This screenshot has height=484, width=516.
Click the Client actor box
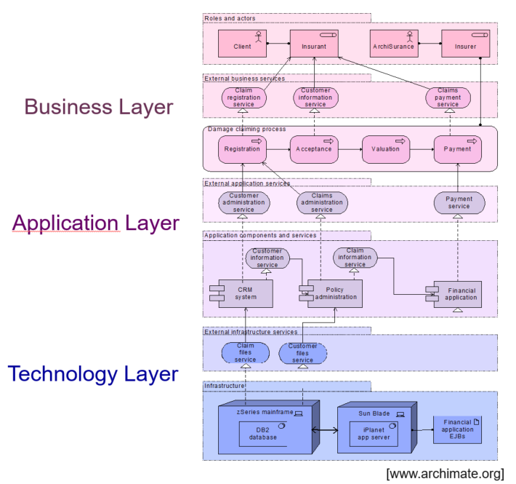pyautogui.click(x=243, y=46)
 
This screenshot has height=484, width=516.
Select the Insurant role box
pyautogui.click(x=315, y=46)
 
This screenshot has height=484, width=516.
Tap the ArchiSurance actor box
pyautogui.click(x=393, y=46)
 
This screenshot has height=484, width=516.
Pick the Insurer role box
pyautogui.click(x=465, y=46)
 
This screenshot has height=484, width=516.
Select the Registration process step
pyautogui.click(x=242, y=149)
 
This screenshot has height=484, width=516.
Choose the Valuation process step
pyautogui.click(x=385, y=149)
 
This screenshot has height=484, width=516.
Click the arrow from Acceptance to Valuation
pyautogui.click(x=350, y=149)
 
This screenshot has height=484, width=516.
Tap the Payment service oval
pyautogui.click(x=459, y=202)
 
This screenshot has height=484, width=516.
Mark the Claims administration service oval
pyautogui.click(x=322, y=203)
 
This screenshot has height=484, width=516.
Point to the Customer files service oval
pyautogui.click(x=303, y=354)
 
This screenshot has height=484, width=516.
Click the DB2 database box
pyautogui.click(x=265, y=435)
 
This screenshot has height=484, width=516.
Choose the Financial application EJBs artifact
pyautogui.click(x=457, y=429)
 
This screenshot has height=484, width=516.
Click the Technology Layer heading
pyautogui.click(x=93, y=374)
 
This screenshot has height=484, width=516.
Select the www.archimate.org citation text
pyautogui.click(x=445, y=474)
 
